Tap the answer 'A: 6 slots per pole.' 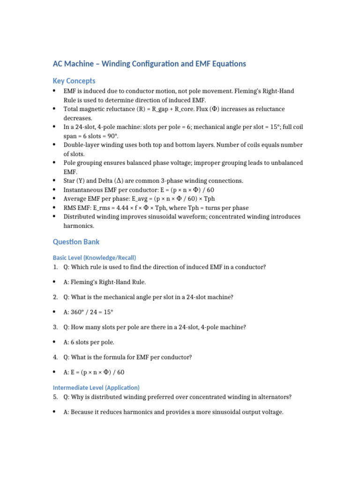pos(89,342)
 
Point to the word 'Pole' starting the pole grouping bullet pos(70,163)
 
